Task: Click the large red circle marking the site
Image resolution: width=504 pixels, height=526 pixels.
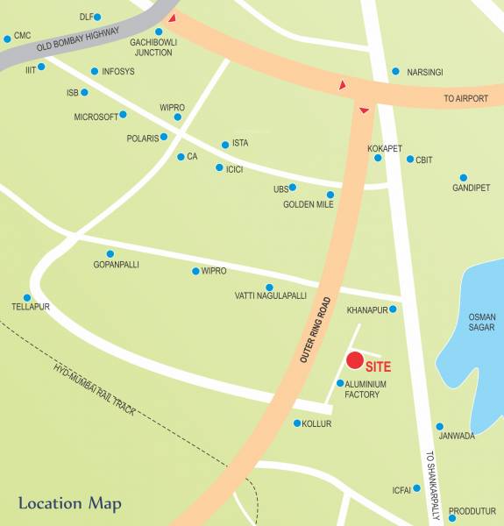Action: (x=355, y=360)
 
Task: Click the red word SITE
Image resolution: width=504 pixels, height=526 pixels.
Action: (x=379, y=367)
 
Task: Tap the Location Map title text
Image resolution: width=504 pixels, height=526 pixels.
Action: (x=69, y=504)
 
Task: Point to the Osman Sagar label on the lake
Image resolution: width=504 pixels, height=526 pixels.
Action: (x=481, y=322)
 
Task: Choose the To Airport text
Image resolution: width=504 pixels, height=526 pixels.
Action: (x=465, y=99)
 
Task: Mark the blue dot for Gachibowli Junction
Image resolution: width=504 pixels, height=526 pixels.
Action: (x=159, y=32)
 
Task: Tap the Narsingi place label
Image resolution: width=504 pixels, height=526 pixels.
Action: (x=425, y=72)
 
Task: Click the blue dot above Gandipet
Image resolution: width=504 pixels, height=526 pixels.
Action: (x=464, y=176)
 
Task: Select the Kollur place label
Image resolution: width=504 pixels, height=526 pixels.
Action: (x=317, y=423)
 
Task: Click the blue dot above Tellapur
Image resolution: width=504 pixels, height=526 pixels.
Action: (x=27, y=297)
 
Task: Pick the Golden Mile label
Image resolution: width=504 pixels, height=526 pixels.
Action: (x=308, y=204)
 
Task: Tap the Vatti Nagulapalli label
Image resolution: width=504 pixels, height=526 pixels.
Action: (x=271, y=296)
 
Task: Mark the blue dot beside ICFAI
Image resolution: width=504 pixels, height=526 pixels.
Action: (x=417, y=488)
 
